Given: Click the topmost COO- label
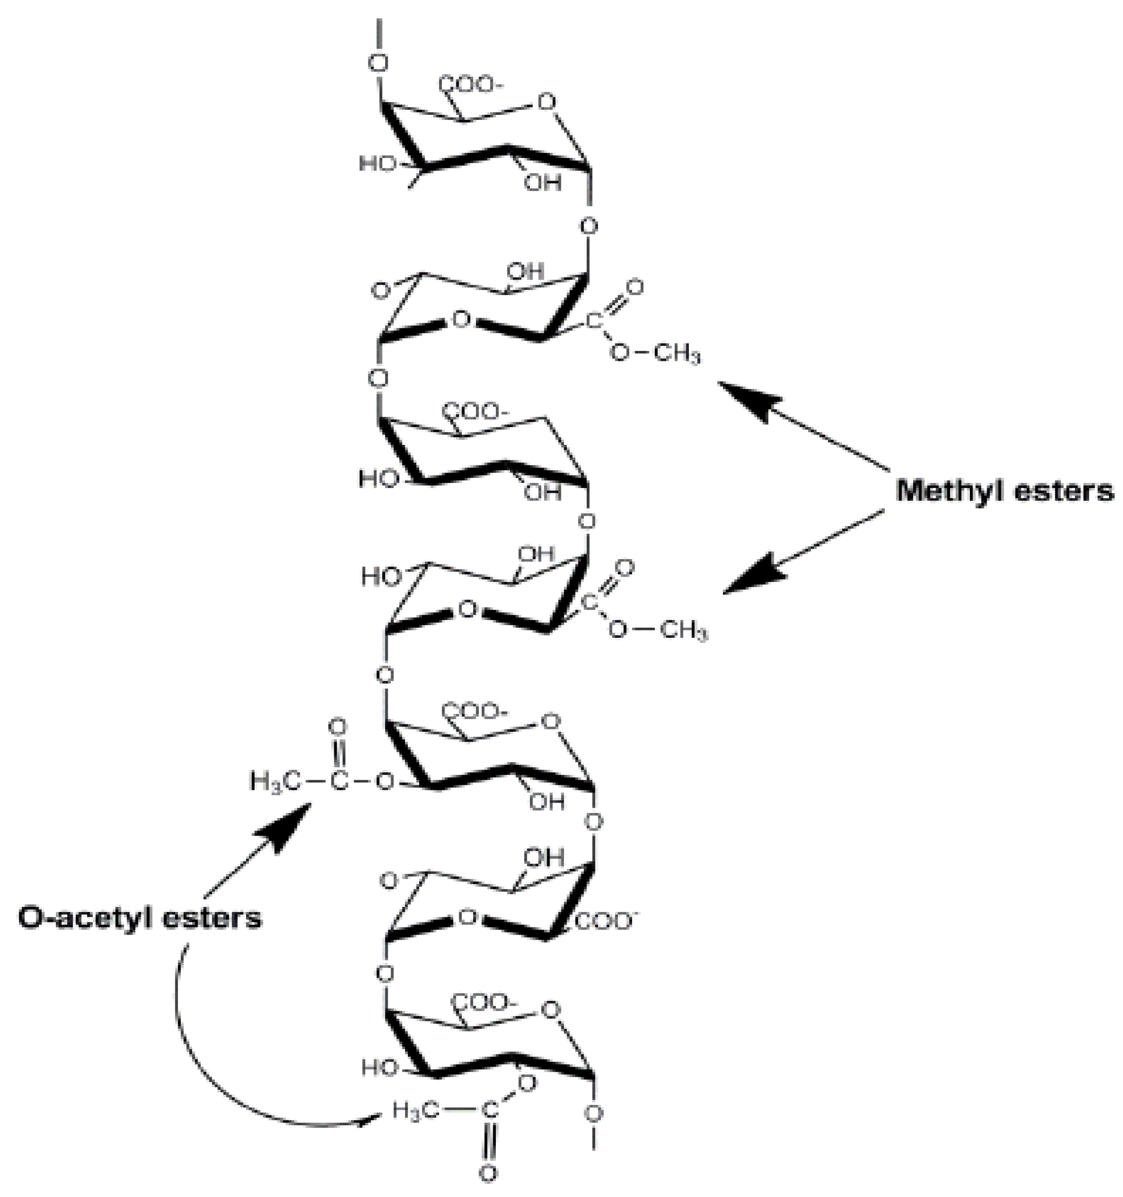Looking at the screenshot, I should [x=470, y=85].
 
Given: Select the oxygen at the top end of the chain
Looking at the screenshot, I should [x=378, y=63].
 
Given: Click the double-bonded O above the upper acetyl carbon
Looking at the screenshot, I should [x=339, y=727].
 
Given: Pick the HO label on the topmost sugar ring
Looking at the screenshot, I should [x=378, y=164].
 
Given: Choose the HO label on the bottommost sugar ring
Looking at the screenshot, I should [x=380, y=1068].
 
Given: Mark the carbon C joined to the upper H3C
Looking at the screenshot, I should [x=339, y=782].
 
